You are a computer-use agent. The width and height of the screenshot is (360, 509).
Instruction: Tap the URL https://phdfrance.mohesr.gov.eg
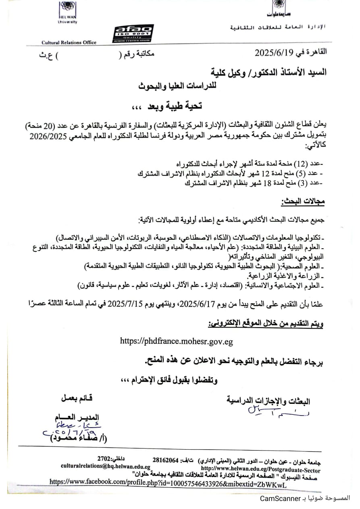[x=177, y=341]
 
